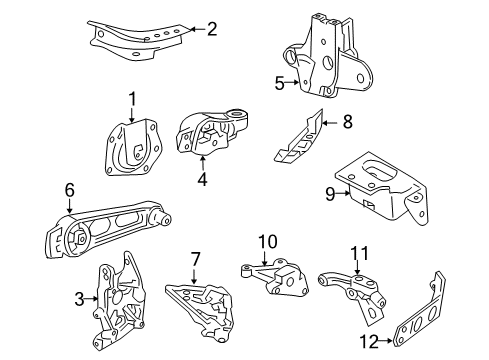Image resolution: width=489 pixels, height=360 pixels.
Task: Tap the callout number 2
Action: pyautogui.click(x=211, y=28)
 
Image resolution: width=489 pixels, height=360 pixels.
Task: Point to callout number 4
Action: pyautogui.click(x=202, y=181)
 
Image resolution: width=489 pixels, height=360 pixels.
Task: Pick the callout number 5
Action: pyautogui.click(x=280, y=84)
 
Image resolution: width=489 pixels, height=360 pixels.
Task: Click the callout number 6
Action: pyautogui.click(x=70, y=189)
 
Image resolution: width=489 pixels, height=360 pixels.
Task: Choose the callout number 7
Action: pyautogui.click(x=196, y=258)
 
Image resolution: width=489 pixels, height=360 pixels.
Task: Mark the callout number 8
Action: pyautogui.click(x=347, y=123)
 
